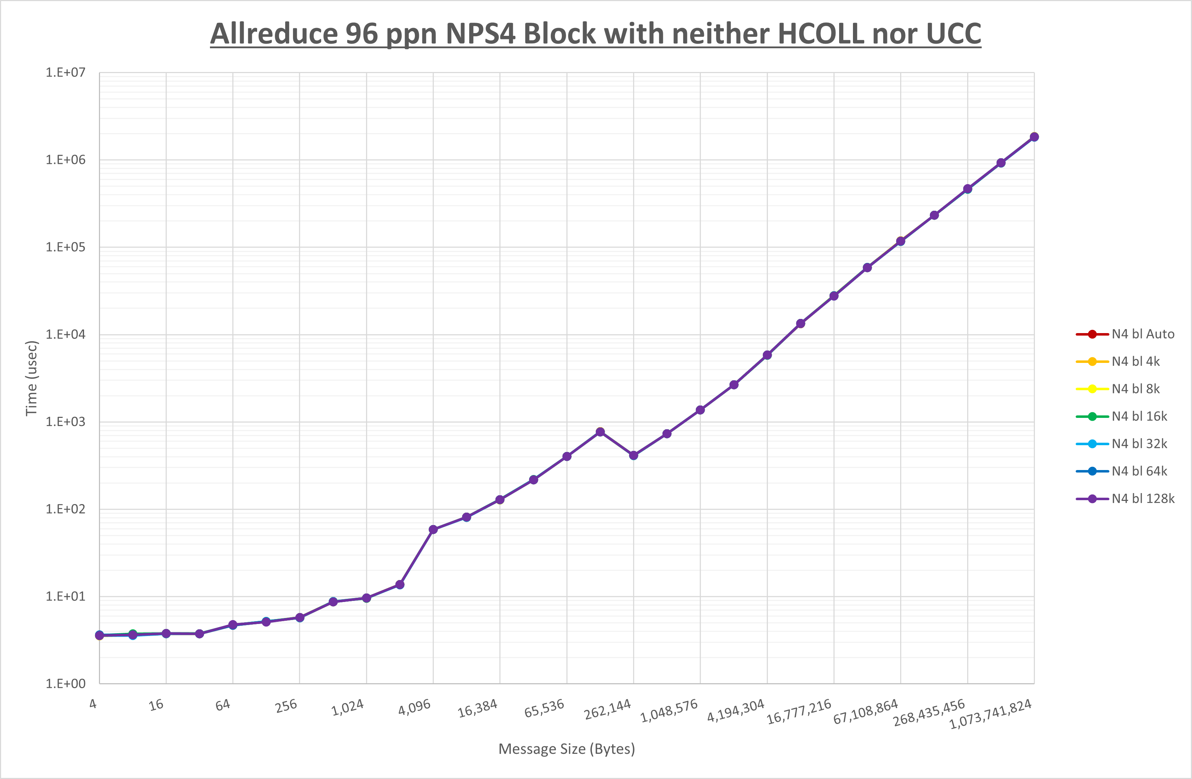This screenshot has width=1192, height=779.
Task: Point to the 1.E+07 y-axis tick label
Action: click(x=66, y=73)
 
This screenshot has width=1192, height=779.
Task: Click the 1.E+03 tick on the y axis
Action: click(x=66, y=422)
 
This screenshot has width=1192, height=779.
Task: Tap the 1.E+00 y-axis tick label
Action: click(x=66, y=684)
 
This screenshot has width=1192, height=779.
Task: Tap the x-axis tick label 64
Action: click(x=223, y=705)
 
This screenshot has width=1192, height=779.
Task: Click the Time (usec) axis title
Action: click(x=32, y=378)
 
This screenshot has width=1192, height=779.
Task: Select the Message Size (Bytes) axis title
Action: click(x=566, y=749)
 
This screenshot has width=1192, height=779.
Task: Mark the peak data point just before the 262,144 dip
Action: click(x=600, y=432)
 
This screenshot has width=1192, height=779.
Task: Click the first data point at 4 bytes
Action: click(x=100, y=635)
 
